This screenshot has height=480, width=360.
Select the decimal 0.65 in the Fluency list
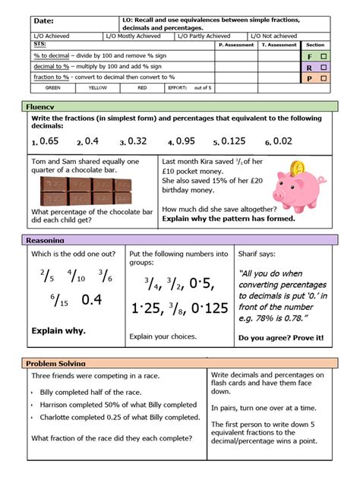[x=48, y=141]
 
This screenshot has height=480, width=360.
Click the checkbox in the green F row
[x=324, y=56]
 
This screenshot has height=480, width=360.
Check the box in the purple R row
[x=324, y=67]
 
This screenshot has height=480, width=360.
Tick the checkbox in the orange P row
[x=324, y=77]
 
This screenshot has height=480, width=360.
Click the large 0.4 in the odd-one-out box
[x=92, y=300]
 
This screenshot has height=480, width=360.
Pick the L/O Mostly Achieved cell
[x=134, y=36]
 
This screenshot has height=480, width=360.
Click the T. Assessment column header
[x=279, y=45]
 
